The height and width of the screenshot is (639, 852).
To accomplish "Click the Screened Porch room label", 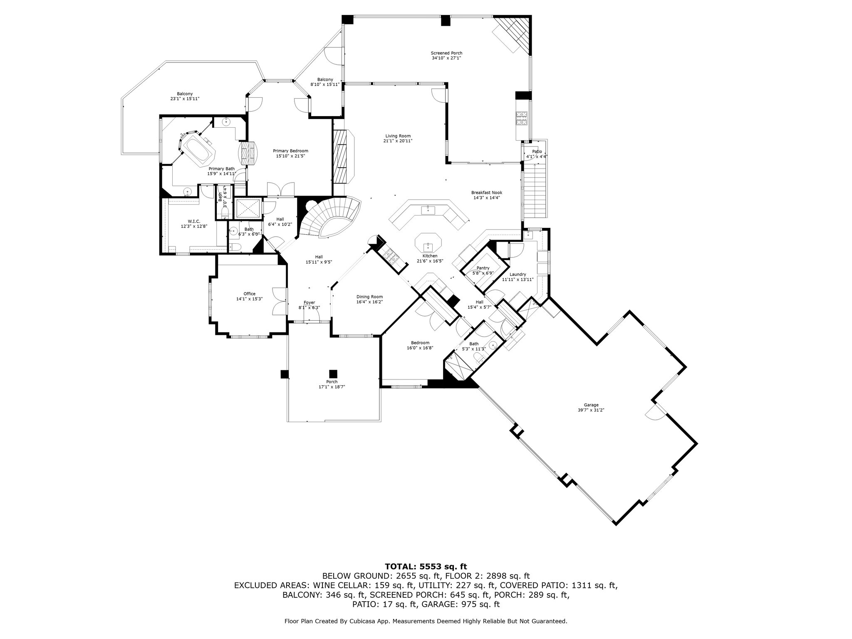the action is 446,55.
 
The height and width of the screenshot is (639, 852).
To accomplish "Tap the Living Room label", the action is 398,138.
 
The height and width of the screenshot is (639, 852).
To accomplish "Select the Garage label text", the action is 591,407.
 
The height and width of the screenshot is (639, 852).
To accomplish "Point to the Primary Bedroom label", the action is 290,153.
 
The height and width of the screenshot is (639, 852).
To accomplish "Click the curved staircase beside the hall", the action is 331,216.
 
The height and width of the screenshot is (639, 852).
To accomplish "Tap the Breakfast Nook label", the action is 487,195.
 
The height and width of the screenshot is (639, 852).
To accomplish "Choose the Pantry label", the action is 483,270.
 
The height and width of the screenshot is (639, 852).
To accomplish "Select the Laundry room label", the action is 518,277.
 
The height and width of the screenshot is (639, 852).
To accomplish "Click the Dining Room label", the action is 369,299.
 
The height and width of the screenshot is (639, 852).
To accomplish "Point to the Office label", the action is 250,296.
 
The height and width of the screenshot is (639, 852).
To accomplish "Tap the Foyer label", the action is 309,305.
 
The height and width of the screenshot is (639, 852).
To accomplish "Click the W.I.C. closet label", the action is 194,224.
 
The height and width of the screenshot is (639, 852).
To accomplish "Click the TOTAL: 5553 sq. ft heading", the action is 426,566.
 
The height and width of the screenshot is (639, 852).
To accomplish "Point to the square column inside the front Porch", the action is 332,374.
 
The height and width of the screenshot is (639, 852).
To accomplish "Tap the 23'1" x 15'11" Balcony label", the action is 185,96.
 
